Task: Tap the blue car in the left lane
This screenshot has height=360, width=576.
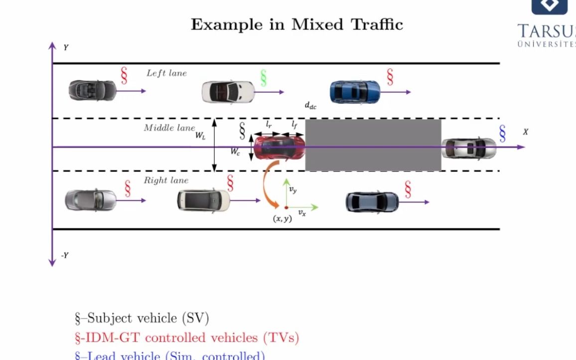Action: point(355,92)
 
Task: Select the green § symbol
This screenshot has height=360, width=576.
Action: point(264,78)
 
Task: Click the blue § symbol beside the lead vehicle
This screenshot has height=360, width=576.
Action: point(502,133)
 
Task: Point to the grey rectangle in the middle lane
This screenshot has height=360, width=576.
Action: point(373,145)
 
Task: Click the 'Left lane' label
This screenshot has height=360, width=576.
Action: point(166,73)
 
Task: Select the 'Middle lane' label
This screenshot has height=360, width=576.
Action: point(169,128)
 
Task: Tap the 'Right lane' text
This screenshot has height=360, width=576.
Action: point(166,180)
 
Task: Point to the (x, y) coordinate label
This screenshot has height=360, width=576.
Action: point(282,218)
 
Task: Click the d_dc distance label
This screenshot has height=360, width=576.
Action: point(310,106)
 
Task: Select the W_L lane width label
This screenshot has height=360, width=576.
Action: point(200,136)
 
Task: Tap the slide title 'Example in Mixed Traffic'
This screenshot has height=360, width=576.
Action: point(296,24)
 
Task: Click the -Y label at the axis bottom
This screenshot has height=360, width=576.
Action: point(64,255)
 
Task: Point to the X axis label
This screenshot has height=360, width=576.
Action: point(525,132)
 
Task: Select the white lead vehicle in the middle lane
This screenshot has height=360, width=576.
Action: point(468,148)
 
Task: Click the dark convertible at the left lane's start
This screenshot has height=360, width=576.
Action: point(92,90)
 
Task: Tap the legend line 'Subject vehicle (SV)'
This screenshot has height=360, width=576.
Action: point(142,318)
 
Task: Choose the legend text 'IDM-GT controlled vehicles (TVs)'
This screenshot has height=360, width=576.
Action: point(186,338)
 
